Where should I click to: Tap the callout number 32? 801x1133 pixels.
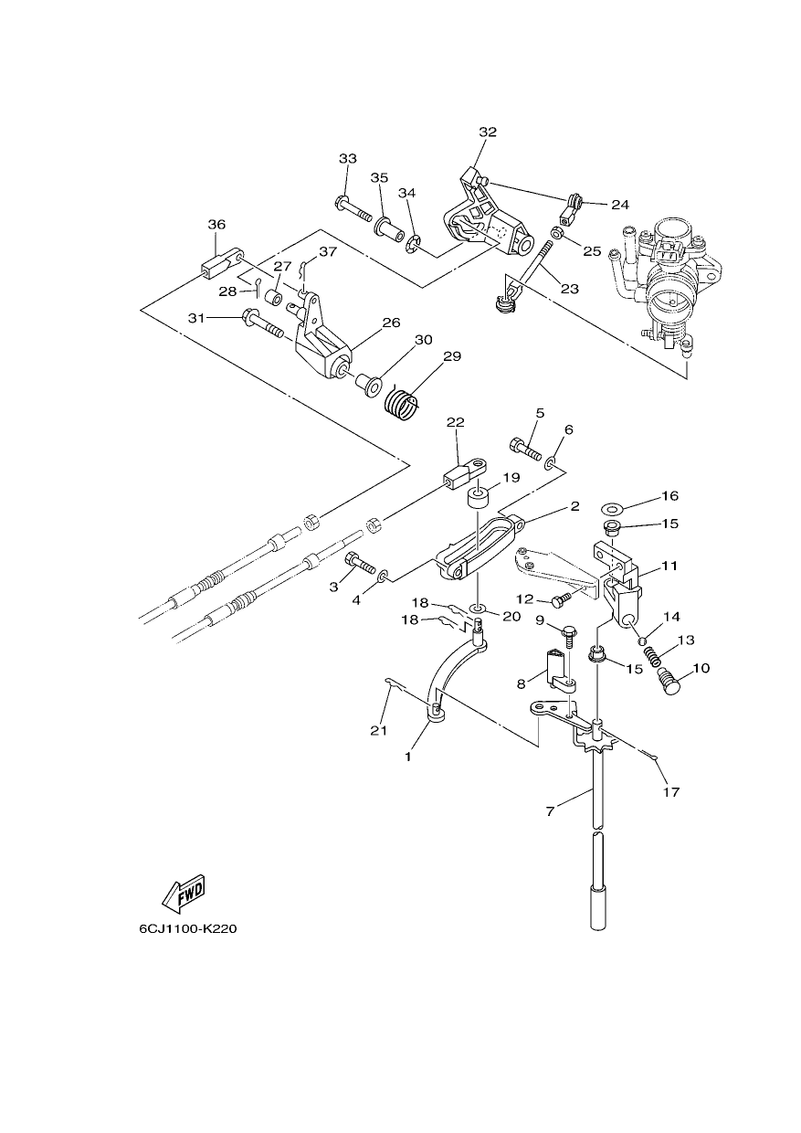click(x=488, y=132)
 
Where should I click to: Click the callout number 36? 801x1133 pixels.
click(x=216, y=224)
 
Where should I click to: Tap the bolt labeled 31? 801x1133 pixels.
click(x=262, y=323)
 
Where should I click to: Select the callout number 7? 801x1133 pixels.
click(x=551, y=810)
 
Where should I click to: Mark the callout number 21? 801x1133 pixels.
click(x=379, y=730)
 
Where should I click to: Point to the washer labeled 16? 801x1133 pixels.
click(x=612, y=507)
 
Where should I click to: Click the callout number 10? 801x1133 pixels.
click(x=701, y=668)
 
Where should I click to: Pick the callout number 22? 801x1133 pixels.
click(x=456, y=422)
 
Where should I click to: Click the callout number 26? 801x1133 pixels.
click(x=392, y=323)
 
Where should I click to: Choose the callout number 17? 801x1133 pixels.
click(x=671, y=791)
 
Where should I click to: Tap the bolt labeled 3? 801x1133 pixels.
click(x=361, y=563)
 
